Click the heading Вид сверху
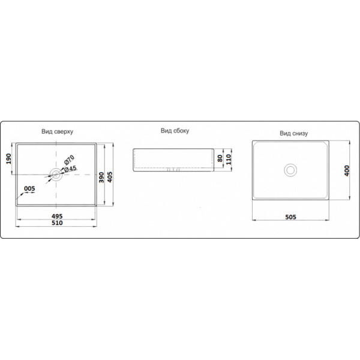point(57,131)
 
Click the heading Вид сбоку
point(175,131)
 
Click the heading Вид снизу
point(293,133)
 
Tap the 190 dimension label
point(8,158)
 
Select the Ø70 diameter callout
point(69,160)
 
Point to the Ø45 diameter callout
point(70,169)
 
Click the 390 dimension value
point(101,177)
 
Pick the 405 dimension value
point(110,177)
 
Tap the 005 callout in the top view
point(29,188)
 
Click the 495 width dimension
point(57,216)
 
